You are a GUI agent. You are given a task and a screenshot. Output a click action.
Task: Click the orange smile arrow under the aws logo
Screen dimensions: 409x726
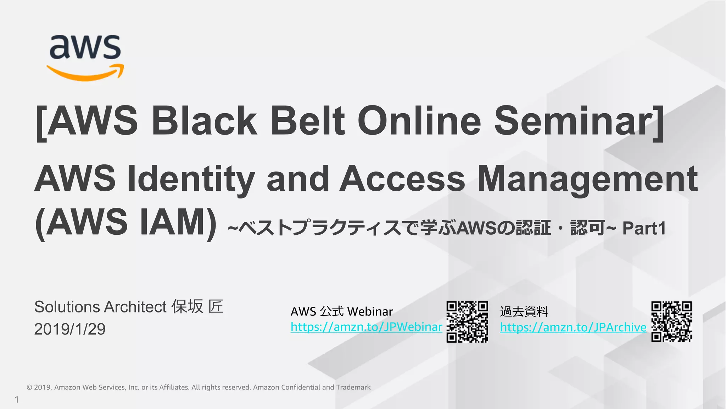coord(85,73)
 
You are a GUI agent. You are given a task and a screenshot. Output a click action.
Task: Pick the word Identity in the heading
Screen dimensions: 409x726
coord(191,179)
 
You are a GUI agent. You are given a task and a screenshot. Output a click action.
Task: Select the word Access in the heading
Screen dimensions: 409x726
coord(402,179)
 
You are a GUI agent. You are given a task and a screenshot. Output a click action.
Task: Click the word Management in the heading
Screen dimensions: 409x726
coord(587,179)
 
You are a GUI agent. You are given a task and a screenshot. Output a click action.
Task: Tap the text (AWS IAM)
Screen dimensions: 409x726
coord(126,222)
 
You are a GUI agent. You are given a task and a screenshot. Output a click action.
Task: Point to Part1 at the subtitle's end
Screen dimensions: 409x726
coord(644,228)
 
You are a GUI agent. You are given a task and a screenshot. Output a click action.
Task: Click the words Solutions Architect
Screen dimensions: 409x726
coord(100,307)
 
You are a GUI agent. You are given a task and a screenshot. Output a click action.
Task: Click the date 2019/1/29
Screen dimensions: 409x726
coord(70,329)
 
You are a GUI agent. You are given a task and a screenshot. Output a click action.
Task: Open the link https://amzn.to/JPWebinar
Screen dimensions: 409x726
coord(366,327)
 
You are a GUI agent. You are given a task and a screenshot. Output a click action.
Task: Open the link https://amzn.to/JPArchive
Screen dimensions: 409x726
coord(573,327)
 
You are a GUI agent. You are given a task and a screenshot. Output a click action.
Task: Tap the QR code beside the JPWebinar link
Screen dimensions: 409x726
coord(467,322)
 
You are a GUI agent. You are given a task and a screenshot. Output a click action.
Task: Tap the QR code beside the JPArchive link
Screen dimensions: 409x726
coord(671,322)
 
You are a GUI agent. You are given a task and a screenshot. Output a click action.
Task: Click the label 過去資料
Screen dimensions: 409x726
coord(524,312)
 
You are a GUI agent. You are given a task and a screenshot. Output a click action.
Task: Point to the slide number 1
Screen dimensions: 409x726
coord(17,400)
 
